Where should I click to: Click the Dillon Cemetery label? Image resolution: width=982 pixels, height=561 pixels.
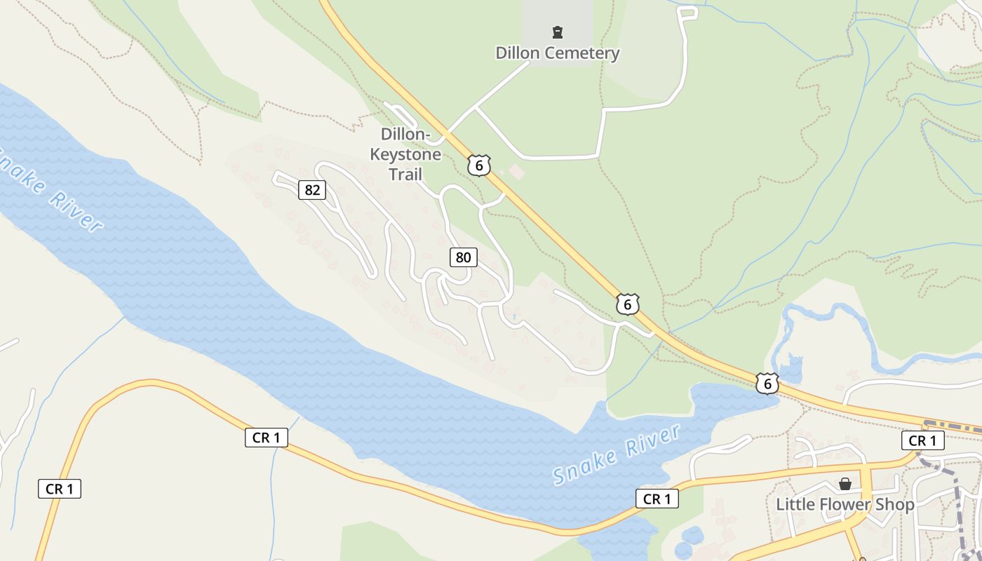point(558,53)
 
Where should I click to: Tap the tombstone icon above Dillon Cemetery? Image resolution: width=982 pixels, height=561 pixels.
point(558,32)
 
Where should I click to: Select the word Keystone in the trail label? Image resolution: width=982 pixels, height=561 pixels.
point(405,154)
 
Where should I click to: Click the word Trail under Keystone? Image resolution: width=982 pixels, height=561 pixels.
point(405,174)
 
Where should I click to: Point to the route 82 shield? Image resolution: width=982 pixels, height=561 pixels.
point(312,189)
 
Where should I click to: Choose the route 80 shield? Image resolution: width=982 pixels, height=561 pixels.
point(463,257)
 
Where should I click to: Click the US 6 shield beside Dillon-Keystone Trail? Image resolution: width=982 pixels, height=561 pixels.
point(479,165)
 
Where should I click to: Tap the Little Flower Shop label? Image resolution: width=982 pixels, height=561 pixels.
point(845,504)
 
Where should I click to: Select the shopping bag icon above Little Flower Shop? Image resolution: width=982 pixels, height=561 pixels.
point(845,484)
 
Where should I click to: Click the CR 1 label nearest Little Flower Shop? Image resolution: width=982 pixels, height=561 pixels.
point(922,440)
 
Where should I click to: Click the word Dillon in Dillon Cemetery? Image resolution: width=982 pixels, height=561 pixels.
point(520,53)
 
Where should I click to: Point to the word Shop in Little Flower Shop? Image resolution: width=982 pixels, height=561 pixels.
point(897,504)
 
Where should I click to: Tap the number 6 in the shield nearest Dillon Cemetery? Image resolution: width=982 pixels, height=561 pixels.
point(479,165)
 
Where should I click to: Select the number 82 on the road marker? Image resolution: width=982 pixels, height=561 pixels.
point(312,189)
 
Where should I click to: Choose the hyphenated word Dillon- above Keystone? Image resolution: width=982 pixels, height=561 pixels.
point(405,134)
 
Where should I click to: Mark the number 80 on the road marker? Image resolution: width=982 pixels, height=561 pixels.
point(463,257)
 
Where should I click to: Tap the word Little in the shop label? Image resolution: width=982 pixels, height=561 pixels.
point(797,504)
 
